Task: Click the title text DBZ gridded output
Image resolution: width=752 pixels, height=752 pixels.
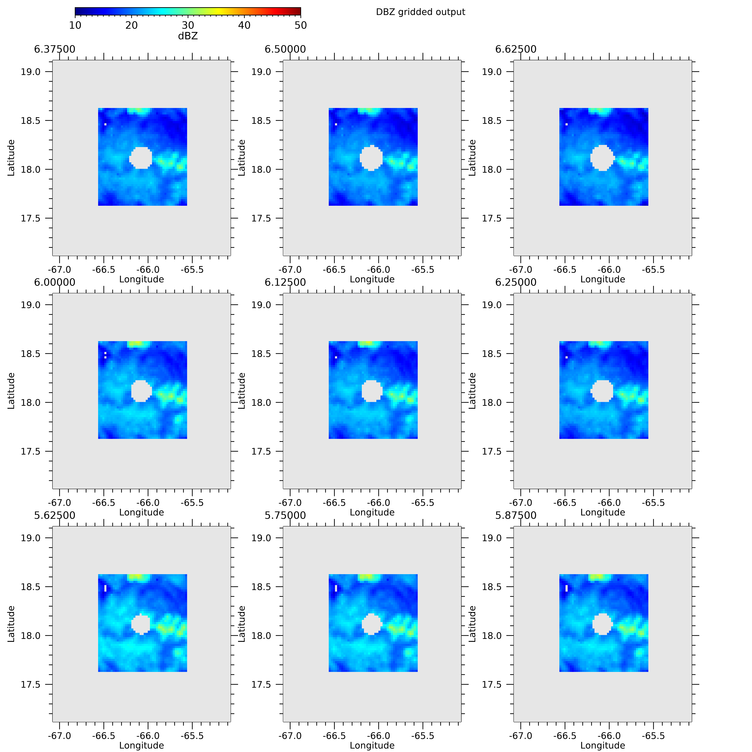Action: point(420,12)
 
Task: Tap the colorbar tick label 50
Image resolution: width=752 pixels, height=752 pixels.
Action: point(300,25)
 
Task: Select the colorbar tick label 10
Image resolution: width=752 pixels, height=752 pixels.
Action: point(75,25)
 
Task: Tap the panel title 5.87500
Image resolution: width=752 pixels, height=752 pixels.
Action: point(516,515)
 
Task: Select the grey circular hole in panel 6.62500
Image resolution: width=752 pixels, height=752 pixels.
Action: point(602,158)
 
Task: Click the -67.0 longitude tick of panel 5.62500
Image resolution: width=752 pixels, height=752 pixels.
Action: point(60,736)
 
